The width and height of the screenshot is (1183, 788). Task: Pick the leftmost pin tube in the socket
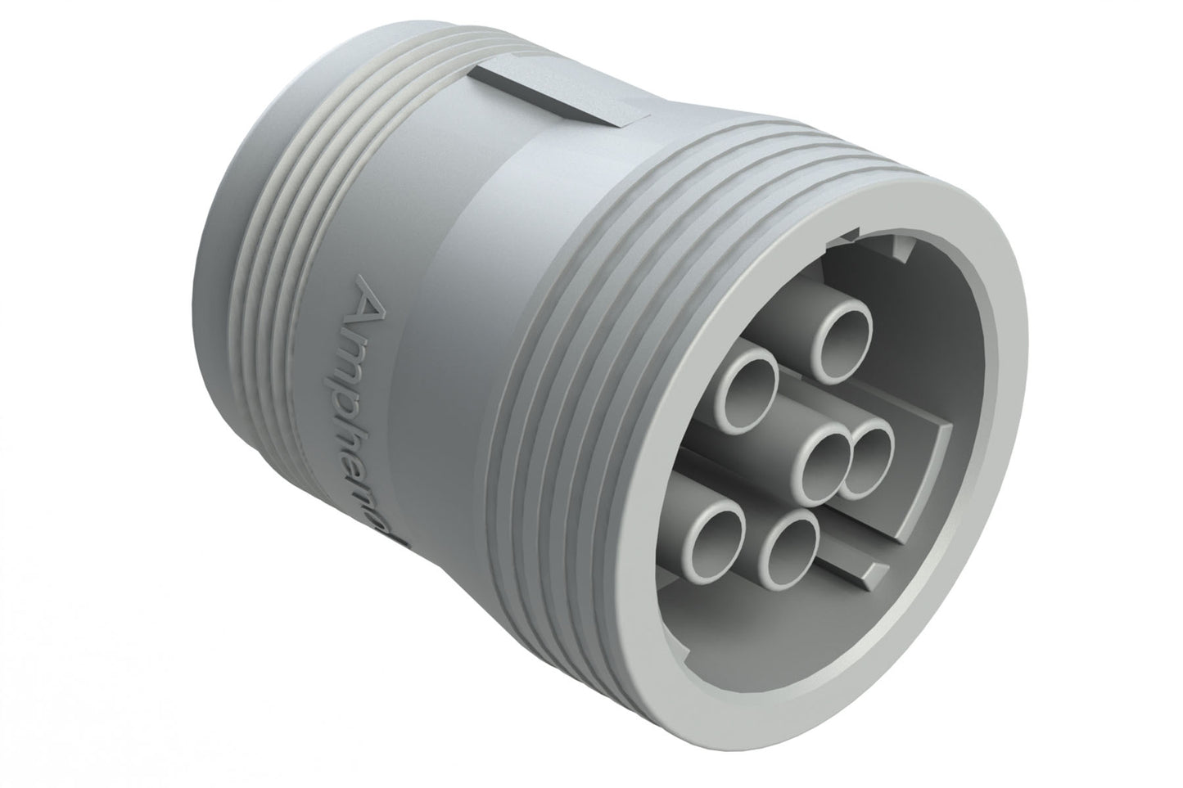715,533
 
